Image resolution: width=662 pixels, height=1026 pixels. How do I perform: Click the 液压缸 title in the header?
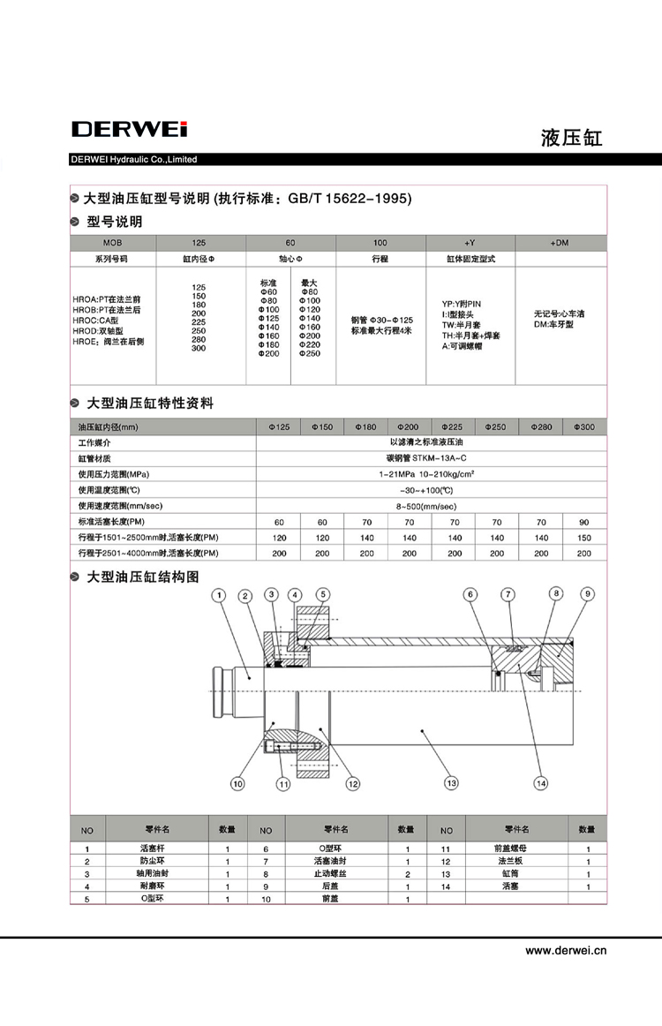click(x=571, y=138)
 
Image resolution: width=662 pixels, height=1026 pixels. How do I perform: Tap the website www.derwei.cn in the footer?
click(x=566, y=951)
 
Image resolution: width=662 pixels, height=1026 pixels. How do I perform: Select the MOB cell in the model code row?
click(x=112, y=242)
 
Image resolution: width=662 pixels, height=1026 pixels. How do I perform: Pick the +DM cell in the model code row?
click(x=560, y=242)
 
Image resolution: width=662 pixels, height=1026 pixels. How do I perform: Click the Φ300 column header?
click(x=584, y=426)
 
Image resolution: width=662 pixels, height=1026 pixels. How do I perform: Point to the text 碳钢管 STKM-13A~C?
click(x=431, y=458)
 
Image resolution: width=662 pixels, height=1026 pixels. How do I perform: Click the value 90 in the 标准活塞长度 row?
click(x=584, y=522)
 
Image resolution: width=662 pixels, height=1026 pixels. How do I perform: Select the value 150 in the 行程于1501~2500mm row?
click(x=584, y=538)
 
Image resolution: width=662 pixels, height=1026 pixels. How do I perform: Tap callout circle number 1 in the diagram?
click(x=218, y=595)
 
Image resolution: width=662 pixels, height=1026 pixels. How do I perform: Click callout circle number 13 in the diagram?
click(x=451, y=782)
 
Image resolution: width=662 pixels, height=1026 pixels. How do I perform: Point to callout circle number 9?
click(x=587, y=593)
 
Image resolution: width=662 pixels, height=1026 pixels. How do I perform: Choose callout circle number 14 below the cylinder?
click(x=541, y=782)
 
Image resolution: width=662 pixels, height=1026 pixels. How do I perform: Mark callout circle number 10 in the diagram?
click(x=237, y=782)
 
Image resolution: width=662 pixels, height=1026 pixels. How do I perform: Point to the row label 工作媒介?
click(x=95, y=442)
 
